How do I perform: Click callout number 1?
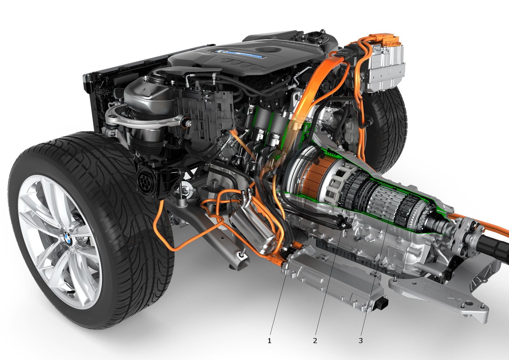pyautogui.click(x=269, y=341)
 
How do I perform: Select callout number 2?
pyautogui.click(x=315, y=341)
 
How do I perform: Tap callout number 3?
pyautogui.click(x=360, y=341)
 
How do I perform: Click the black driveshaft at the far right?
pyautogui.click(x=493, y=247)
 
